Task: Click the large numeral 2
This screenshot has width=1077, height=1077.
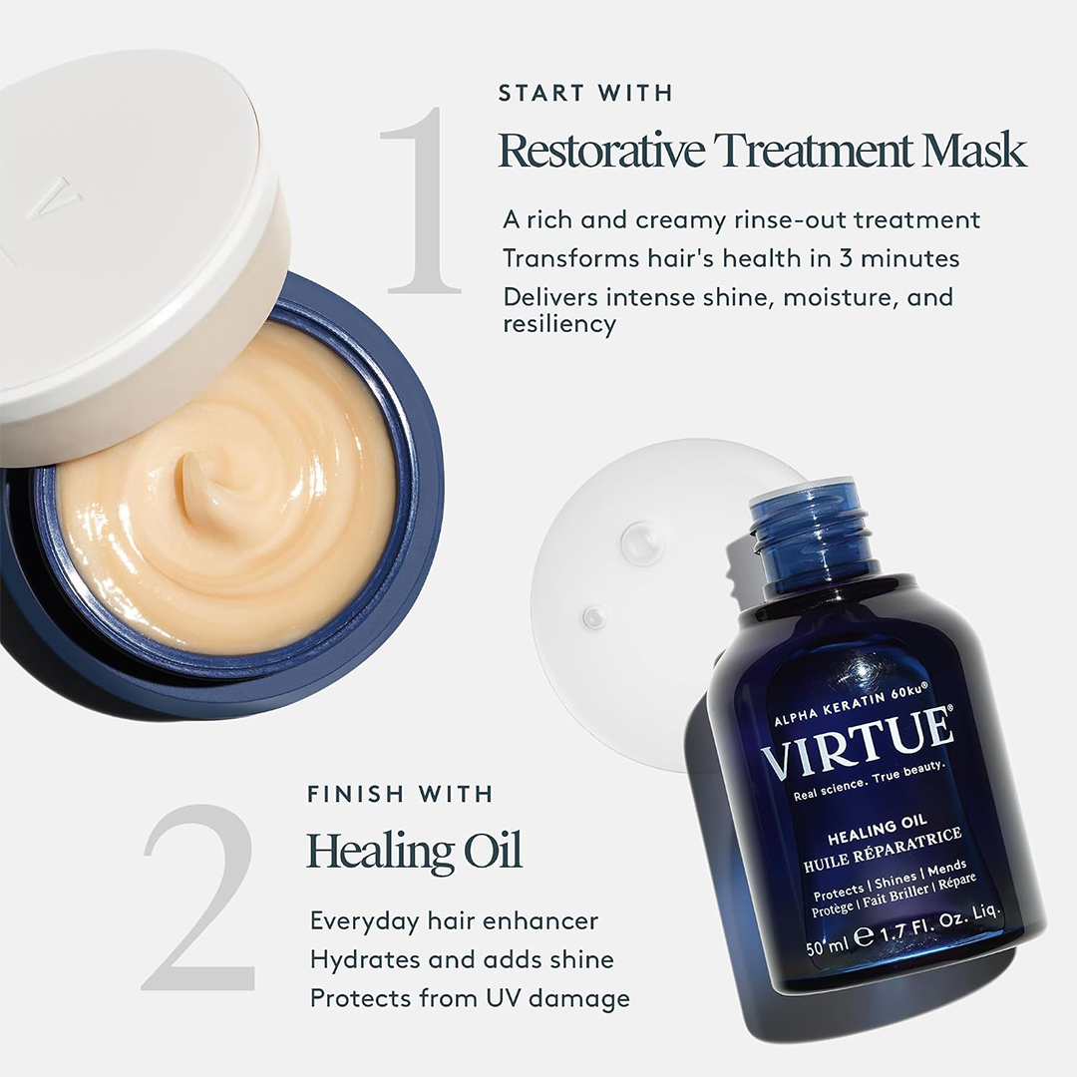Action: [198, 897]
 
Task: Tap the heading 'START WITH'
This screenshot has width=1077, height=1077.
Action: [585, 93]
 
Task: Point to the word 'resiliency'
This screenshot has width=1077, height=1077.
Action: [559, 324]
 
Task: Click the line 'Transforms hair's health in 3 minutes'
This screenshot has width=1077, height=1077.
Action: [731, 258]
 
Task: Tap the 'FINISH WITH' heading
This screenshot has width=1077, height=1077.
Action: [400, 794]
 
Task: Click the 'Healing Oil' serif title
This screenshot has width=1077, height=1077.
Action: [414, 851]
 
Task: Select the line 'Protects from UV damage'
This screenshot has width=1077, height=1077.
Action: [470, 998]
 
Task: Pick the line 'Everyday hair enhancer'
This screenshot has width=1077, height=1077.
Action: [454, 921]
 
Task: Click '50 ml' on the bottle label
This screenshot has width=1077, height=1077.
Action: [828, 945]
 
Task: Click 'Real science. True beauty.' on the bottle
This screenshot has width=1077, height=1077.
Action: [870, 780]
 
